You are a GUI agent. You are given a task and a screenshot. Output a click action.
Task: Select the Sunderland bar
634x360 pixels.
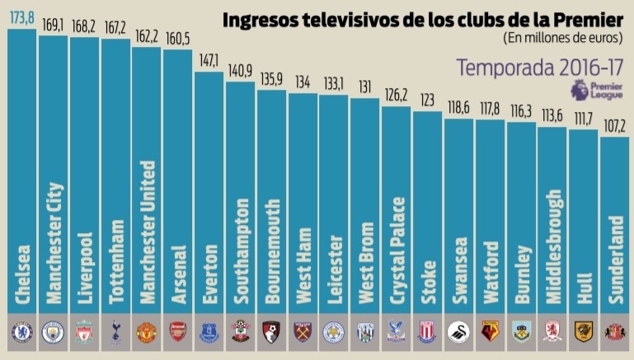(x=616, y=222)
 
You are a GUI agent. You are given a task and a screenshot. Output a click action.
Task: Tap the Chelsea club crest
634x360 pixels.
(x=21, y=332)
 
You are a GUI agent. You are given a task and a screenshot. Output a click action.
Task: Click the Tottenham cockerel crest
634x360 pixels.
(x=115, y=332)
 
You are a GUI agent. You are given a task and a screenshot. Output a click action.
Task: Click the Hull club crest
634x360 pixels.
(x=585, y=332)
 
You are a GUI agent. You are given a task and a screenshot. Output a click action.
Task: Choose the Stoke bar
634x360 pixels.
(x=428, y=214)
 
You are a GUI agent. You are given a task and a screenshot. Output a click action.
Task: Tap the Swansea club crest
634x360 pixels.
(x=459, y=332)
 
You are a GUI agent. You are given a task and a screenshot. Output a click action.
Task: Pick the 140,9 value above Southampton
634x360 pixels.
(x=241, y=72)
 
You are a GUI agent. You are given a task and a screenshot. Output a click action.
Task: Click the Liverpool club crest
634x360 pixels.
(x=84, y=332)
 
